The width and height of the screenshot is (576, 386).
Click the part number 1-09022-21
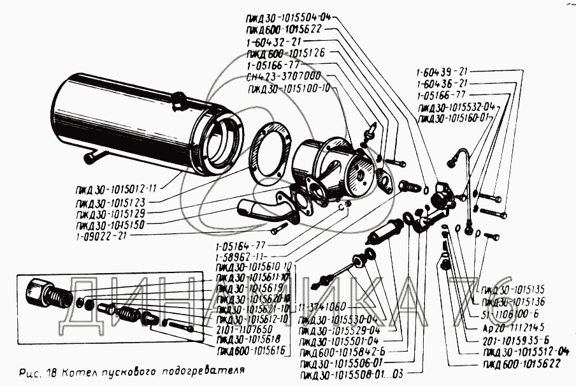102,235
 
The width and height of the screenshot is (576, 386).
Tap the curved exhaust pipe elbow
263,209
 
